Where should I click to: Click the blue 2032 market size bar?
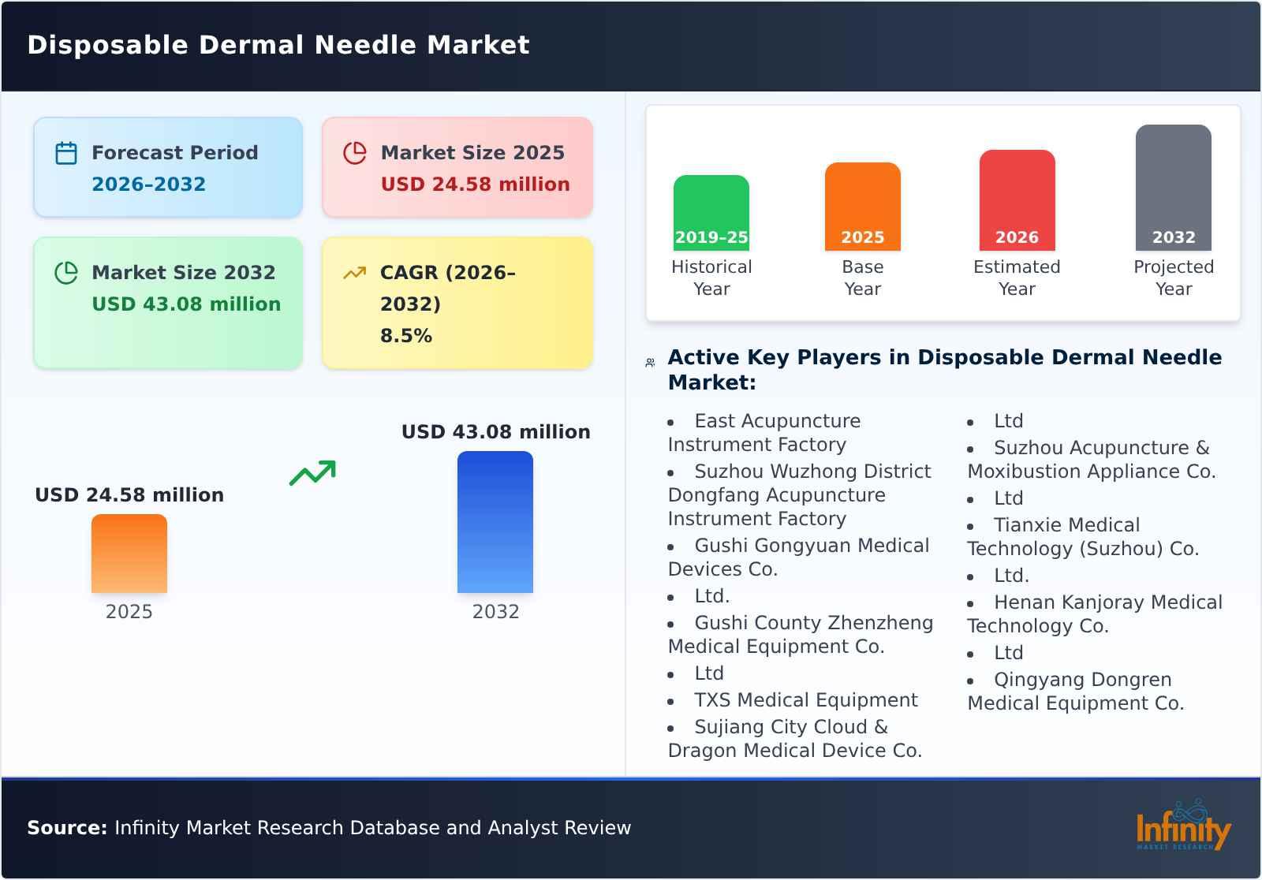coord(495,521)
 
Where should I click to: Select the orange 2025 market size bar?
coord(129,553)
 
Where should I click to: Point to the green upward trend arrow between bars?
coord(312,472)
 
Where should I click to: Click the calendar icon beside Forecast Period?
coord(66,153)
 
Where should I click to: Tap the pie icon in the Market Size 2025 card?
coord(355,153)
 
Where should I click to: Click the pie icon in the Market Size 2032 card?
coord(66,273)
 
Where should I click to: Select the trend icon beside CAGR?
coord(355,273)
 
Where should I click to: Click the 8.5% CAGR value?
coord(405,336)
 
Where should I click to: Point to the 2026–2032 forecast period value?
coord(148,185)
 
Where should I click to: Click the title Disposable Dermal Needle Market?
coord(278,45)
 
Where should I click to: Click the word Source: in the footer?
coord(67,828)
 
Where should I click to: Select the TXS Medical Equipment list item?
coord(805,700)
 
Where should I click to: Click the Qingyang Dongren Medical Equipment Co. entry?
coord(1076,692)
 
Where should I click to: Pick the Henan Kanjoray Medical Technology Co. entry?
coord(1095,614)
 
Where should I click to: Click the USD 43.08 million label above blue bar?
coord(495,432)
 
